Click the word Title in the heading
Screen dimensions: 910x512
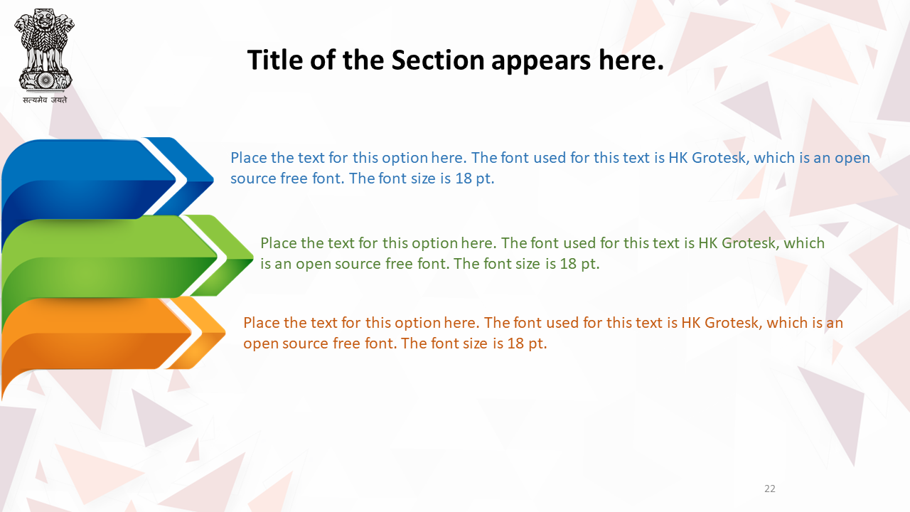click(275, 60)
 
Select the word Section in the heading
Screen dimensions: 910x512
click(437, 60)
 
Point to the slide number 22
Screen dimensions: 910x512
click(770, 489)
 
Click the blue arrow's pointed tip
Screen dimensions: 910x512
click(213, 178)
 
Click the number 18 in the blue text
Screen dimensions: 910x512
click(463, 178)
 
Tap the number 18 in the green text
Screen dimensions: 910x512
click(568, 264)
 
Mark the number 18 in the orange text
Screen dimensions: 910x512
click(515, 343)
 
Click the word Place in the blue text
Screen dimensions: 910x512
click(249, 158)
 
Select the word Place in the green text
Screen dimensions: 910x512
click(279, 243)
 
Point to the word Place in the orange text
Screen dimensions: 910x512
click(262, 323)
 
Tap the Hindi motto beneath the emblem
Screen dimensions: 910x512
click(45, 100)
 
